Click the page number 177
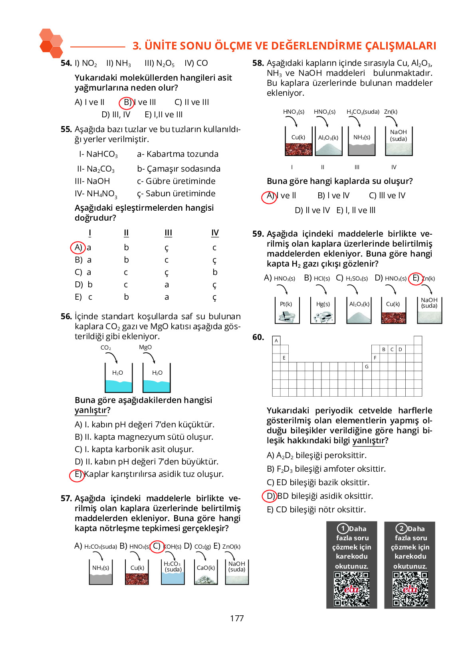[x=236, y=618]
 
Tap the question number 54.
[x=66, y=63]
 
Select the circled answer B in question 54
[x=127, y=103]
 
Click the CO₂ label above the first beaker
[x=106, y=348]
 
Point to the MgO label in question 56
[x=145, y=347]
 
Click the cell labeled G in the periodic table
[x=367, y=366]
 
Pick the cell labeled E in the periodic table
[x=284, y=358]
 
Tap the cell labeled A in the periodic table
[x=276, y=341]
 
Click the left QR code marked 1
[x=351, y=589]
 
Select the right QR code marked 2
[x=410, y=589]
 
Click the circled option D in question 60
[x=270, y=496]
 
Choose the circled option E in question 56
[x=77, y=474]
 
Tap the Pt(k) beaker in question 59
[x=287, y=310]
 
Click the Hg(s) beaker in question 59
[x=323, y=310]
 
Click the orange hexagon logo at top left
[x=51, y=43]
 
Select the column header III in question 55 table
[x=168, y=233]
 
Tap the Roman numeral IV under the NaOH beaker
[x=394, y=167]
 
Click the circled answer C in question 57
[x=157, y=546]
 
